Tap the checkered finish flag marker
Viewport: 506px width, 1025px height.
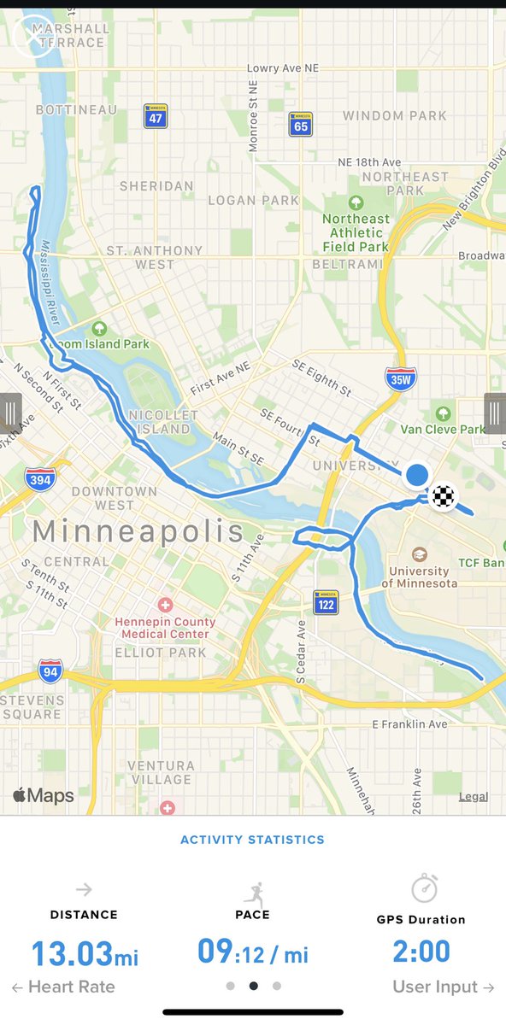443,495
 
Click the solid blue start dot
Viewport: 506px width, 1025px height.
417,475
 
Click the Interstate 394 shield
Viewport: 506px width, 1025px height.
39,478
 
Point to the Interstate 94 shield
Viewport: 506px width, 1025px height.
50,671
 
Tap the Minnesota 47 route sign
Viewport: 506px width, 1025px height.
155,117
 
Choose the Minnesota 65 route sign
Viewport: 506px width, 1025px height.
299,125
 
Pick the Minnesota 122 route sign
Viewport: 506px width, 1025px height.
326,603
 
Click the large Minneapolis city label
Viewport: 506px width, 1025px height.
138,531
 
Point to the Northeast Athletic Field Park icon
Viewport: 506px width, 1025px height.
356,204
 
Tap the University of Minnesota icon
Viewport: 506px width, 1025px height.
418,554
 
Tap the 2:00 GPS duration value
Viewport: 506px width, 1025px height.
421,952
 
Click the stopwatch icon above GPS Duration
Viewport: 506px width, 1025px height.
424,889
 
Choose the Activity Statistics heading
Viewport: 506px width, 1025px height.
252,840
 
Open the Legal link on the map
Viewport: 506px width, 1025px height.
473,797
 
